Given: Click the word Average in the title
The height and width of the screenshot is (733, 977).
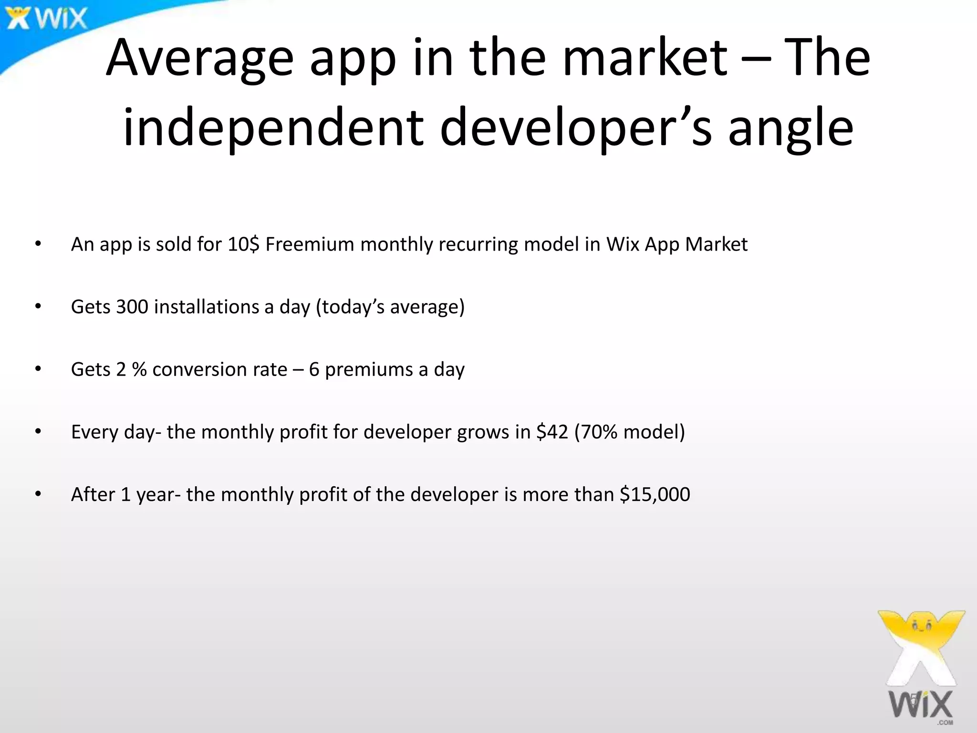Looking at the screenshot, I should pos(199,58).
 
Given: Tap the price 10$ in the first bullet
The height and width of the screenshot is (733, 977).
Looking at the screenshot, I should pos(243,244).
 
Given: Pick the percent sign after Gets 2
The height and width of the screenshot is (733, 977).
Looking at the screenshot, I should pos(139,370).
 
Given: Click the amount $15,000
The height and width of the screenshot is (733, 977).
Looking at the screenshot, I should pos(655,495).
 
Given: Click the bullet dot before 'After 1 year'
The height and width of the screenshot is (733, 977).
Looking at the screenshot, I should pos(38,494).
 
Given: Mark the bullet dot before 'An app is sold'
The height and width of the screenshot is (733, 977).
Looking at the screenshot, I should pos(38,244).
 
